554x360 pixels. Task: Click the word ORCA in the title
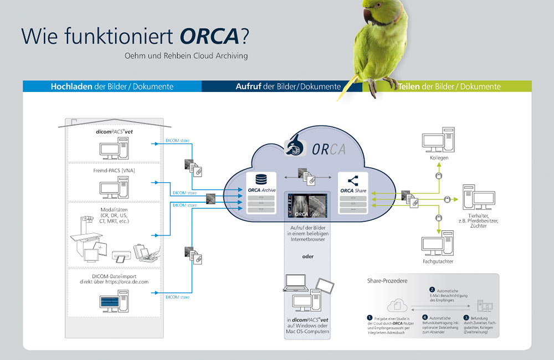point(209,35)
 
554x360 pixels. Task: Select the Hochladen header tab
point(70,86)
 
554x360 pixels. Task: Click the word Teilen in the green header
point(409,86)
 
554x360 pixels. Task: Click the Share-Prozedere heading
point(387,281)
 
